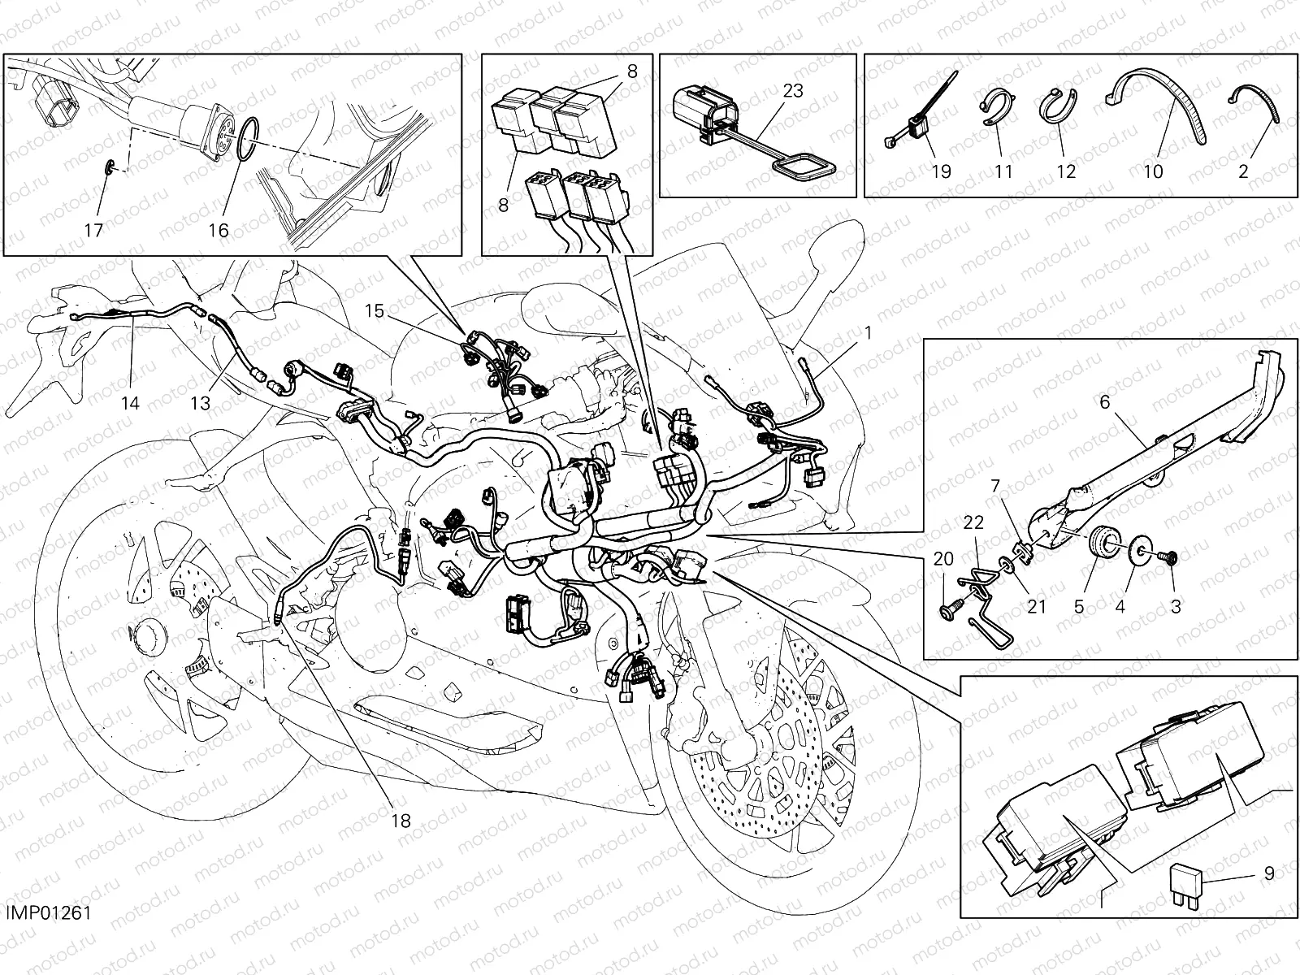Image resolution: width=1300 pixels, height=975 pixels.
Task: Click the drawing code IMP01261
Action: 50,913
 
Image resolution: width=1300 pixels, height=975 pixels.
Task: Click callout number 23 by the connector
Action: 792,90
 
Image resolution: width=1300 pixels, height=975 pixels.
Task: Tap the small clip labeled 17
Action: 111,168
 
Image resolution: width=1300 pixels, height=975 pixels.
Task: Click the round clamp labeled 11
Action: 994,110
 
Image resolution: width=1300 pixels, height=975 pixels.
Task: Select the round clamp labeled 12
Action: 1056,110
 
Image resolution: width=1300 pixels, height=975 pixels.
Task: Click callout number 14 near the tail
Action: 131,402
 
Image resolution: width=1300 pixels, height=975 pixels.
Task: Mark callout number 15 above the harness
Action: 373,310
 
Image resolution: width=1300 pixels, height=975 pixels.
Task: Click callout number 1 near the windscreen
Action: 868,332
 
